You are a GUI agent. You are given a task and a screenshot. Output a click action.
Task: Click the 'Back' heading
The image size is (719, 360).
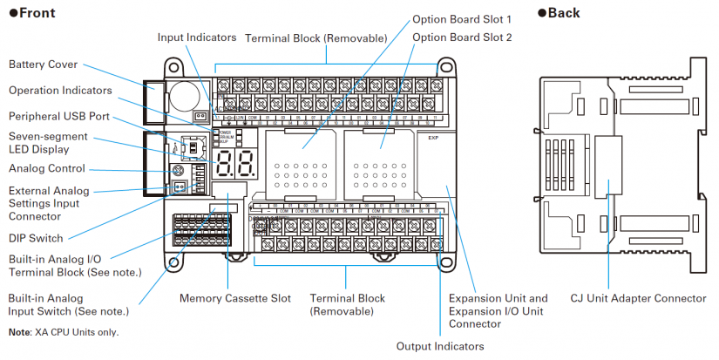(x=559, y=13)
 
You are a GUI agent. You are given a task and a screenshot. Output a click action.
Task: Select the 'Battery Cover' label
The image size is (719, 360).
(x=43, y=65)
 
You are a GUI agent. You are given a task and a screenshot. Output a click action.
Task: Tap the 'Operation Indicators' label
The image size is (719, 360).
(x=60, y=90)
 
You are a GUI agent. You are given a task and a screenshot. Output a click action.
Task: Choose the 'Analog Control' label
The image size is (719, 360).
(x=47, y=168)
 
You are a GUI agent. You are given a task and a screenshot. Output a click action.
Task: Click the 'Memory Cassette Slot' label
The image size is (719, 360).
(x=235, y=298)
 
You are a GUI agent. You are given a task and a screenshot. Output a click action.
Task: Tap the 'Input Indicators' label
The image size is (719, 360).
(x=197, y=37)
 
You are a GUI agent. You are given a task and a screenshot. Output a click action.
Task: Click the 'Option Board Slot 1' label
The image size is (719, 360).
(x=462, y=18)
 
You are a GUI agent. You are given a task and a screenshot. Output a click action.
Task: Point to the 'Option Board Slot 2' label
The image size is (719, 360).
(x=462, y=37)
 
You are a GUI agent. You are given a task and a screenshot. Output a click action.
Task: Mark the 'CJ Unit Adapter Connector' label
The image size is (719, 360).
(x=638, y=298)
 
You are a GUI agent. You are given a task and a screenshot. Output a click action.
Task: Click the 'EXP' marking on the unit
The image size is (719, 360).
(x=433, y=138)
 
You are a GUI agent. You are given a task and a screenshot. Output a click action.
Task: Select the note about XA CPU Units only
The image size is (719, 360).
(x=63, y=332)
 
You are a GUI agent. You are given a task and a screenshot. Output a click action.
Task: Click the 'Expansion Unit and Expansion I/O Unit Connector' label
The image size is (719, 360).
(x=498, y=310)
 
